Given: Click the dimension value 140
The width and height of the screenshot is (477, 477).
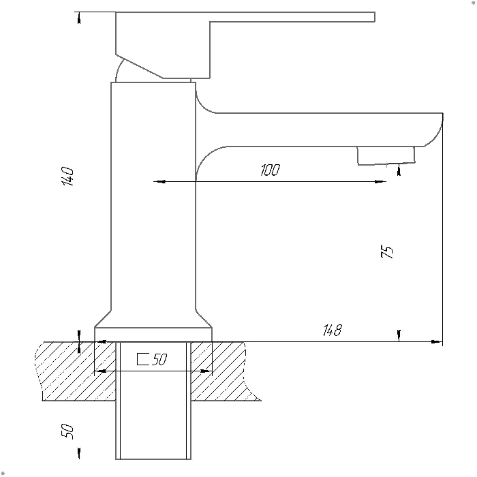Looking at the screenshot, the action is point(68,176).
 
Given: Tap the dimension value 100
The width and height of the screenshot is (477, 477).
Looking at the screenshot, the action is point(270,170).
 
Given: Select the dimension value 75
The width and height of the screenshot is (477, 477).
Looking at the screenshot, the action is point(387,252).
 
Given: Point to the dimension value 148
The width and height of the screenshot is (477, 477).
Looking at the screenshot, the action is point(333,330).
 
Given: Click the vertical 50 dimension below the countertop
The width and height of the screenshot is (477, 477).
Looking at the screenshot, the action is point(67,431).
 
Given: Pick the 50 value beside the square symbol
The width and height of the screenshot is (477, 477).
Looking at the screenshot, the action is point(159,359).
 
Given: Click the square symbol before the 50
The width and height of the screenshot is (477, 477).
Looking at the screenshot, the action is point(142,359).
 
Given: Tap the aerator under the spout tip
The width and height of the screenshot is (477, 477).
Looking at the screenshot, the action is point(386,156).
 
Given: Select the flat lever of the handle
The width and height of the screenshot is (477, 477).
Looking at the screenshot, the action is point(292,17).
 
